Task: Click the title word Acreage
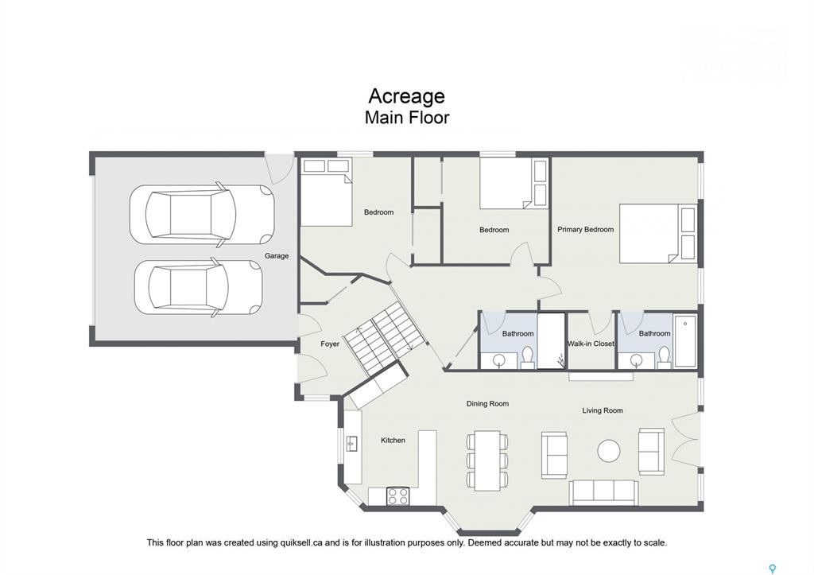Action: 406,96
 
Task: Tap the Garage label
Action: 276,255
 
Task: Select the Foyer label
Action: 330,344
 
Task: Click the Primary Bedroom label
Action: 585,229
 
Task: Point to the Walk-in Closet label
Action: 591,344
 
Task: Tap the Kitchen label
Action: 393,440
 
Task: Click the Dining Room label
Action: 487,403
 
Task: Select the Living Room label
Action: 603,410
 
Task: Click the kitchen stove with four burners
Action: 397,496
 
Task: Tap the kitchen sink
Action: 352,444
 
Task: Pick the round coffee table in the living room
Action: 608,451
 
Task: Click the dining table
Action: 487,460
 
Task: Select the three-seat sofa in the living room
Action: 604,492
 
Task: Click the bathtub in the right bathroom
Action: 685,340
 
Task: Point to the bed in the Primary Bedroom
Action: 657,233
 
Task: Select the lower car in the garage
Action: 198,287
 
